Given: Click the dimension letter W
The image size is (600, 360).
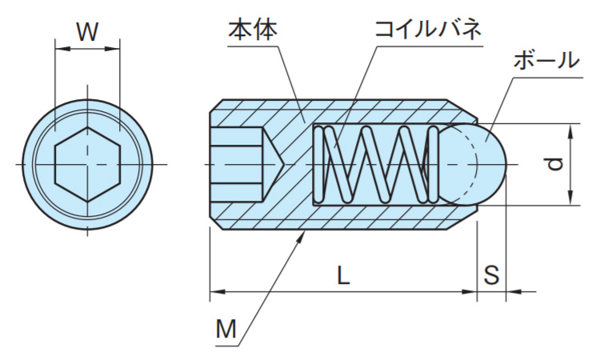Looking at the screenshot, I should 87,33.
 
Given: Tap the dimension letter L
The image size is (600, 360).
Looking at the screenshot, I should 342,276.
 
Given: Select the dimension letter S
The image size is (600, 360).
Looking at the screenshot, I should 492,276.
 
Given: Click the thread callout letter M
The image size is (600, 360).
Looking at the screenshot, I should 226,329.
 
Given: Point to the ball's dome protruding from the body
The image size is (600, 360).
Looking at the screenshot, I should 490,164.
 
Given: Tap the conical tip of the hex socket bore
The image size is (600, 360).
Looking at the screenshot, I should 274,164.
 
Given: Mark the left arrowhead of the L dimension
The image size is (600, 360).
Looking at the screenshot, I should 216,293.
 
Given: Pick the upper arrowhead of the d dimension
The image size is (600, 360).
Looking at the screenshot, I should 570,130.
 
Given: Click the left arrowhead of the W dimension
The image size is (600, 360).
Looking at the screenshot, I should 59,50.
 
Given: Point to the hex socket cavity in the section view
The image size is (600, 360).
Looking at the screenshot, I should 237,164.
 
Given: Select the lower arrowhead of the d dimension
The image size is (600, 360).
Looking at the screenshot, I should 570,200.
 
